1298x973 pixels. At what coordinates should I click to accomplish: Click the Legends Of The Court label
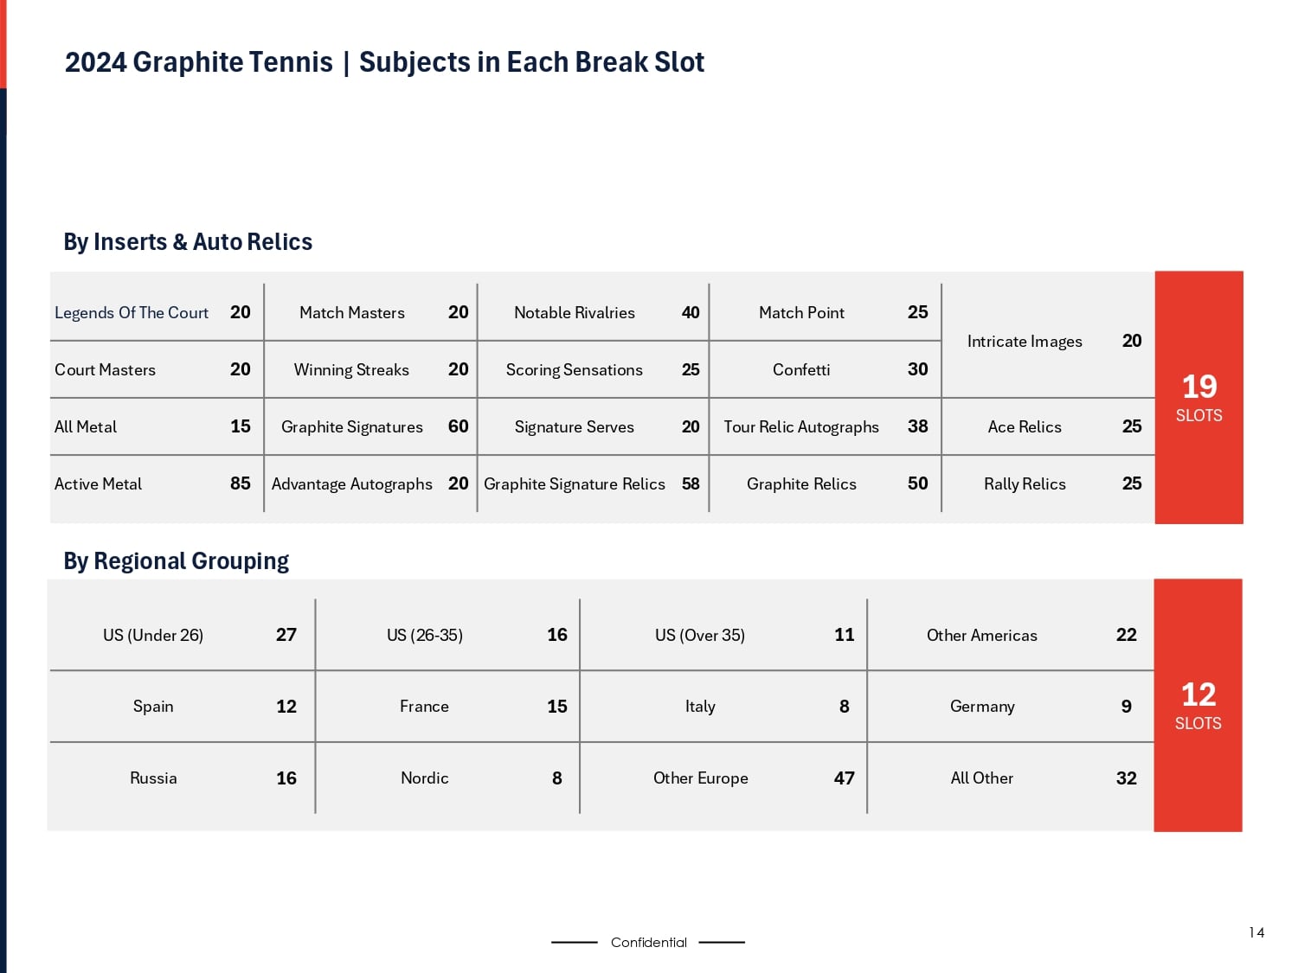click(132, 313)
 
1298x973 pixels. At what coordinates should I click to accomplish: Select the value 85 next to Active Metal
click(241, 483)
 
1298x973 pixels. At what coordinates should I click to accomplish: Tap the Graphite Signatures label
click(352, 427)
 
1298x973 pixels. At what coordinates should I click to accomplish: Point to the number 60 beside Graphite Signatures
click(459, 426)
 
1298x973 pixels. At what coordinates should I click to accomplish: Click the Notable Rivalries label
click(575, 313)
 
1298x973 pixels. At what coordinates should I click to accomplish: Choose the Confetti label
click(801, 370)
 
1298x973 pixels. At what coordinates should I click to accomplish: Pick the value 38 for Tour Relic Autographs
click(918, 426)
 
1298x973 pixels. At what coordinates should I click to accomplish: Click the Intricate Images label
click(1025, 342)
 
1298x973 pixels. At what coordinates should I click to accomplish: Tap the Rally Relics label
click(1025, 484)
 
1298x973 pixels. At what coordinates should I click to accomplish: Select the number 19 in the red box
click(1199, 387)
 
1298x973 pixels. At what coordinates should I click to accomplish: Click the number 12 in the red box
click(1198, 695)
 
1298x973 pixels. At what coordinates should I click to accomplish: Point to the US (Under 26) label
click(153, 636)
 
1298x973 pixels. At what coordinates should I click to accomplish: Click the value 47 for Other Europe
click(845, 778)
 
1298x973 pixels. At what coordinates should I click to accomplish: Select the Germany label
click(982, 707)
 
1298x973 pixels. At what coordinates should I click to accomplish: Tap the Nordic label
click(425, 778)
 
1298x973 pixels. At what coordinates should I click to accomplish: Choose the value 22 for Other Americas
click(1127, 635)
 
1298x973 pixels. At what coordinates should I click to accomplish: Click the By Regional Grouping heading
click(177, 561)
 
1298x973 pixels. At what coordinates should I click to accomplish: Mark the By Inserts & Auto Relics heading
click(188, 242)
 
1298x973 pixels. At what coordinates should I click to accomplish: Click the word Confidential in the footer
click(649, 943)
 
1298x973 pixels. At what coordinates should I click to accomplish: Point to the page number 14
click(1256, 932)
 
